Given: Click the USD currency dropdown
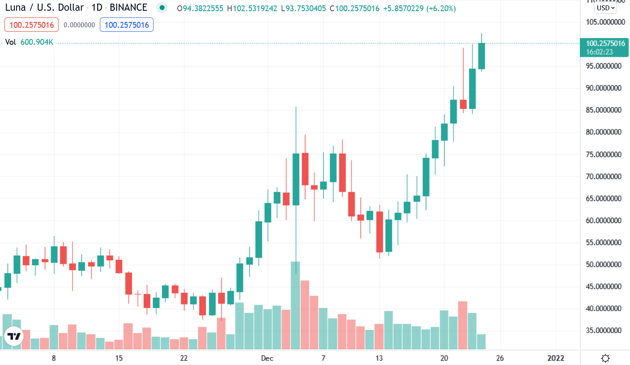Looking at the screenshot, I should tap(605, 8).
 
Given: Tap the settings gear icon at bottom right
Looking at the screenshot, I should tap(605, 358).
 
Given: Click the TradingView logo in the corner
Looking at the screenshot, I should tap(14, 336).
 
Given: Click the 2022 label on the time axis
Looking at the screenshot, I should tap(556, 358).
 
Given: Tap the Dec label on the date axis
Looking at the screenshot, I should tap(267, 358).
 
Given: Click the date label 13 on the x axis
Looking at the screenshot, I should tap(379, 358).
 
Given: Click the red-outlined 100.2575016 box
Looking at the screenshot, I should tap(32, 25).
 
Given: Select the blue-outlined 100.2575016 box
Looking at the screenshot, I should tap(127, 25).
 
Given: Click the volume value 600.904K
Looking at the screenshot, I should tap(37, 42).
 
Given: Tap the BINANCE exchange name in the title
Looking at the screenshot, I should tap(129, 8).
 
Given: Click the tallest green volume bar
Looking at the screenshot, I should tap(296, 305).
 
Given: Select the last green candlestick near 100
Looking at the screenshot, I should tap(482, 56).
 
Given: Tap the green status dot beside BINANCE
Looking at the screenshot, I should tap(162, 8).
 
